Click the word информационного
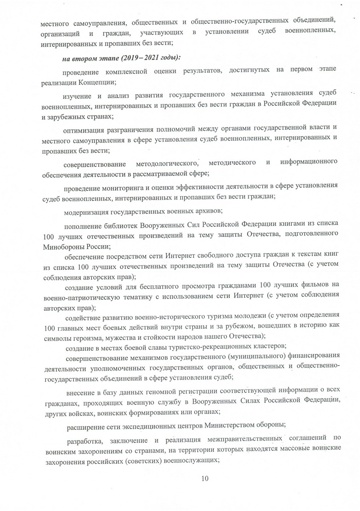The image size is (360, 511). click(309, 162)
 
